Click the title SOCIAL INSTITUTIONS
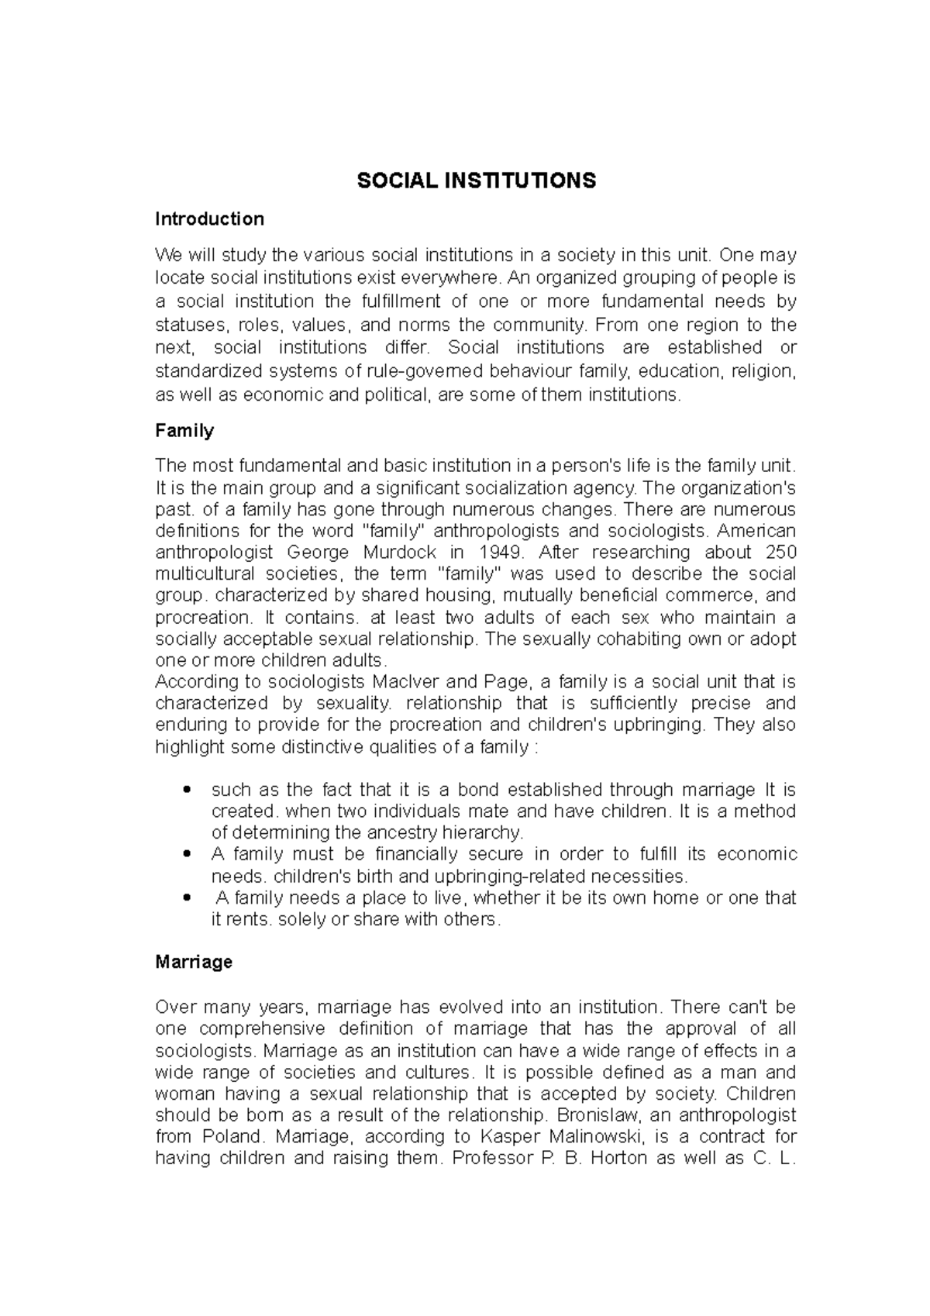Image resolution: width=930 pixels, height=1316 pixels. (x=476, y=181)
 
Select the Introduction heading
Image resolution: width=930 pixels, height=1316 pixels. (x=209, y=219)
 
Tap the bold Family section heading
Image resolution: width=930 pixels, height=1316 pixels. (x=184, y=431)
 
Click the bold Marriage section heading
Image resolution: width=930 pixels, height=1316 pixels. (x=194, y=963)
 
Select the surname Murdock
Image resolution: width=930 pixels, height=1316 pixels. (x=394, y=553)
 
